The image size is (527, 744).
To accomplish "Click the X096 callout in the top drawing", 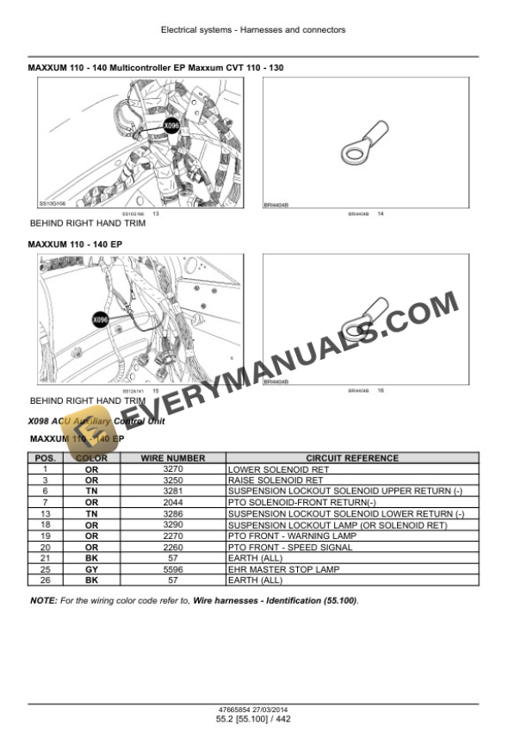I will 171,127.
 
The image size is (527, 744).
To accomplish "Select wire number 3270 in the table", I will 172,469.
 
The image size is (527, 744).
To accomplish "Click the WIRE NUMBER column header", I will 172,458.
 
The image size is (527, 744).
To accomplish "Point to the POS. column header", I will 44,458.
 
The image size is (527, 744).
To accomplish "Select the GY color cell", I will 91,570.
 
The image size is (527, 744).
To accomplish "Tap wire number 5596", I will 172,570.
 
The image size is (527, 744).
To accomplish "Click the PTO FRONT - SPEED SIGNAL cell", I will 289,548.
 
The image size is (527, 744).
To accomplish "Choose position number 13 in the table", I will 44,514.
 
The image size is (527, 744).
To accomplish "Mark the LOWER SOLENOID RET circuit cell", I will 270,469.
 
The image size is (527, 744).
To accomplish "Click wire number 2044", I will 172,503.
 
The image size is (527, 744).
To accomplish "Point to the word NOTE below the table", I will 42,599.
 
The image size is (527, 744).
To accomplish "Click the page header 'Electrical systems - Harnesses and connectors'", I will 253,30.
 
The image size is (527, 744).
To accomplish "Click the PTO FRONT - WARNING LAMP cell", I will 291,536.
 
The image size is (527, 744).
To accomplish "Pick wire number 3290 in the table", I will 172,525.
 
